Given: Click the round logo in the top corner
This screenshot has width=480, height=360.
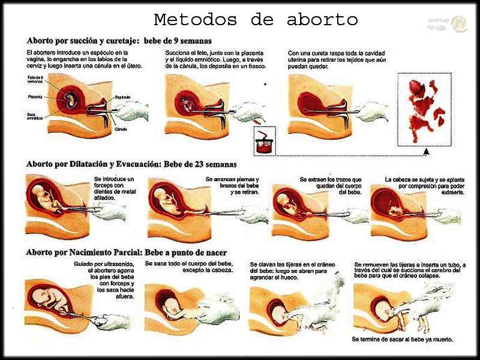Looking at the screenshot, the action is click(460, 23).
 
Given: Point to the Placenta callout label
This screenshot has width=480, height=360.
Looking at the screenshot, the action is click(34, 96).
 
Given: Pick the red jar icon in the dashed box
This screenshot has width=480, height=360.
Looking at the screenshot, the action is click(262, 143).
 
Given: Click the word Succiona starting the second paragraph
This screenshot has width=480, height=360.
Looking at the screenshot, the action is click(178, 53).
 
